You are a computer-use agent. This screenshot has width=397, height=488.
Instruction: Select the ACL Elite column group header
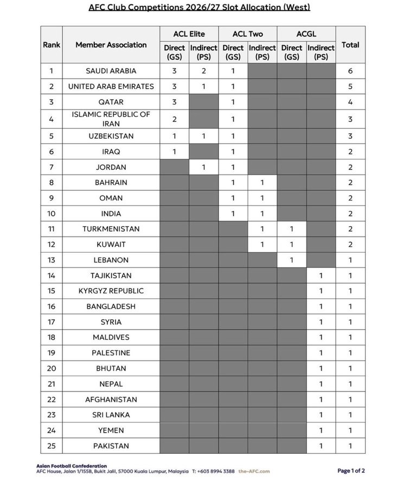pos(189,34)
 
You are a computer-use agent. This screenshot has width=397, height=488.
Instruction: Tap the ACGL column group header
pos(306,34)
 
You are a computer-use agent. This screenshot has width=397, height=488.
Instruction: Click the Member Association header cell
pos(111,44)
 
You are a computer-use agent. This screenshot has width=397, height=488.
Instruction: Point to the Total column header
pos(350,44)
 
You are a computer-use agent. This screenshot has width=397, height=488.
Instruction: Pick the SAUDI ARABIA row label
pos(111,70)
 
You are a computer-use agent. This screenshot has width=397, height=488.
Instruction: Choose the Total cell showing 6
pos(350,70)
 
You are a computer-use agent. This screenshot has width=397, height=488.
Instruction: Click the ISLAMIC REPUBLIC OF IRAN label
pos(111,119)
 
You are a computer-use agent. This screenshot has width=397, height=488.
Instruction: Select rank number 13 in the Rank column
pos(52,260)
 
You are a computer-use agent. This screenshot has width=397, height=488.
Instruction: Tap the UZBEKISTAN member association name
pos(111,136)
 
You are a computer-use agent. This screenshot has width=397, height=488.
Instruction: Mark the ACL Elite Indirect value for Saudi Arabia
pos(203,70)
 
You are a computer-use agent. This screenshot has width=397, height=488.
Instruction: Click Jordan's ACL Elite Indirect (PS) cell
pos(203,167)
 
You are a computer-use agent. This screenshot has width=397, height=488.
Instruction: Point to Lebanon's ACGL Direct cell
pos(291,260)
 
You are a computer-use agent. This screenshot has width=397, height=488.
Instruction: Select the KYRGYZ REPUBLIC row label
pos(111,291)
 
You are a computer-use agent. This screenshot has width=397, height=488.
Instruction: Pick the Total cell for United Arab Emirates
pos(350,86)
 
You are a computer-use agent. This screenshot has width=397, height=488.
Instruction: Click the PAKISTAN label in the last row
pos(111,446)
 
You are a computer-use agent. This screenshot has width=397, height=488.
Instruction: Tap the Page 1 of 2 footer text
pos(351,471)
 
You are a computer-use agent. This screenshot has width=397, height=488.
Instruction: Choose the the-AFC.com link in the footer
pos(254,471)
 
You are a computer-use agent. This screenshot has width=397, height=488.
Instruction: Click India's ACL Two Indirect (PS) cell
pos(262,214)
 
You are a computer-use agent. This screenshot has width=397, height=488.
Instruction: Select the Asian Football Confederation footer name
pos(72,466)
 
